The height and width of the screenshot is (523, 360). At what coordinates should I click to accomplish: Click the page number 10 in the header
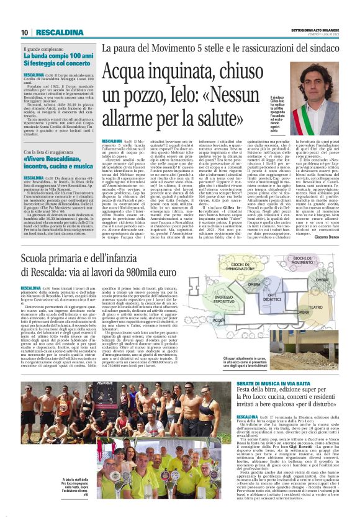point(24,32)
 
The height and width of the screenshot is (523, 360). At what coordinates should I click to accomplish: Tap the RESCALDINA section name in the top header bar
point(60,32)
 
